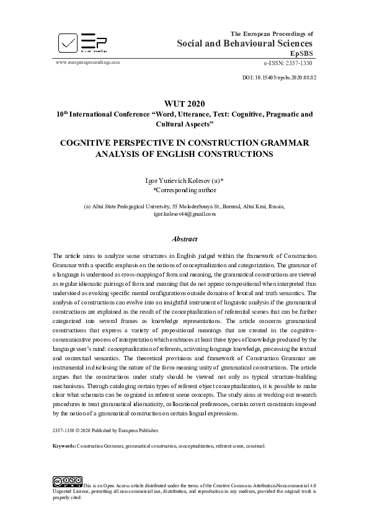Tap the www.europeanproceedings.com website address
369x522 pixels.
(87, 63)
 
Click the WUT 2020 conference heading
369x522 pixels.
(184, 103)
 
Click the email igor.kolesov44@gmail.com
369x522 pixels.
(184, 214)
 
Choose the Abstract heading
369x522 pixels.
(184, 239)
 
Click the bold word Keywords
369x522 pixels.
(64, 446)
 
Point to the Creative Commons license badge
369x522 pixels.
(68, 480)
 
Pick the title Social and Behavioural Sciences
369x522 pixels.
(245, 43)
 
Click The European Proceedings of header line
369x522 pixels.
(272, 33)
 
